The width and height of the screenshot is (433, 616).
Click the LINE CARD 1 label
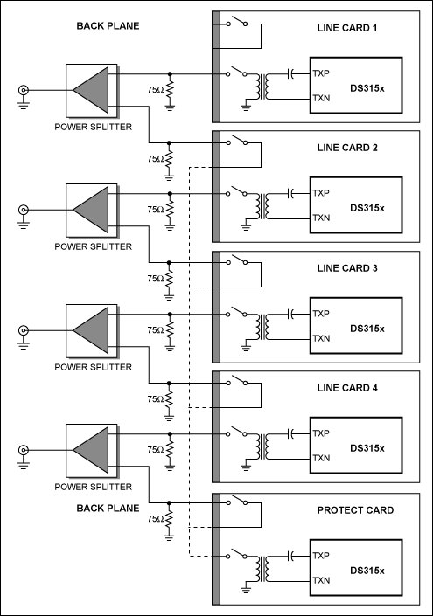pyautogui.click(x=347, y=28)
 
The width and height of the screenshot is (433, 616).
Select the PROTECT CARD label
pyautogui.click(x=355, y=510)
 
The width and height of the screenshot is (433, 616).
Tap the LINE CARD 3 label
pyautogui.click(x=347, y=268)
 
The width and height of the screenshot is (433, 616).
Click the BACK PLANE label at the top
pyautogui.click(x=108, y=26)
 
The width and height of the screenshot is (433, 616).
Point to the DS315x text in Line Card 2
pyautogui.click(x=367, y=208)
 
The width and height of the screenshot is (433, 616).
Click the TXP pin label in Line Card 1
pyautogui.click(x=321, y=73)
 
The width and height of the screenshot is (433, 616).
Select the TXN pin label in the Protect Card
pyautogui.click(x=321, y=580)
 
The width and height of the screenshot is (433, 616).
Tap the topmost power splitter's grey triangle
pyautogui.click(x=91, y=90)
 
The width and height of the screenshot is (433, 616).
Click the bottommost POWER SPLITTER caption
pyautogui.click(x=94, y=487)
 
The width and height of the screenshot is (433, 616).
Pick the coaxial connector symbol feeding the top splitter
pyautogui.click(x=24, y=90)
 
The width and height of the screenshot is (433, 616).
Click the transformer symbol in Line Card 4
pyautogui.click(x=262, y=446)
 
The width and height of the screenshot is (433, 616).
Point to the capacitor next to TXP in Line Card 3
pyautogui.click(x=290, y=314)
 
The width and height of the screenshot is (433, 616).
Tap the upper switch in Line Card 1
pyautogui.click(x=236, y=22)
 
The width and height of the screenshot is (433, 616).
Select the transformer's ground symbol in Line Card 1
pyautogui.click(x=246, y=106)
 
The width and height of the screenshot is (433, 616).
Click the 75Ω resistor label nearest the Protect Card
pyautogui.click(x=156, y=519)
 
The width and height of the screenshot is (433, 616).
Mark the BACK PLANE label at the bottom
pyautogui.click(x=108, y=509)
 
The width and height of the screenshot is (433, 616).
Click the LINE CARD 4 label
pyautogui.click(x=347, y=388)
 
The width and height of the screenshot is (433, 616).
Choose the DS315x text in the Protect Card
pyautogui.click(x=367, y=571)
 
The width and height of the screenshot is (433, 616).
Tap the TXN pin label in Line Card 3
pyautogui.click(x=321, y=338)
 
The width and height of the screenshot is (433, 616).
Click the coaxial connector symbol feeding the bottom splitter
pyautogui.click(x=24, y=450)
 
